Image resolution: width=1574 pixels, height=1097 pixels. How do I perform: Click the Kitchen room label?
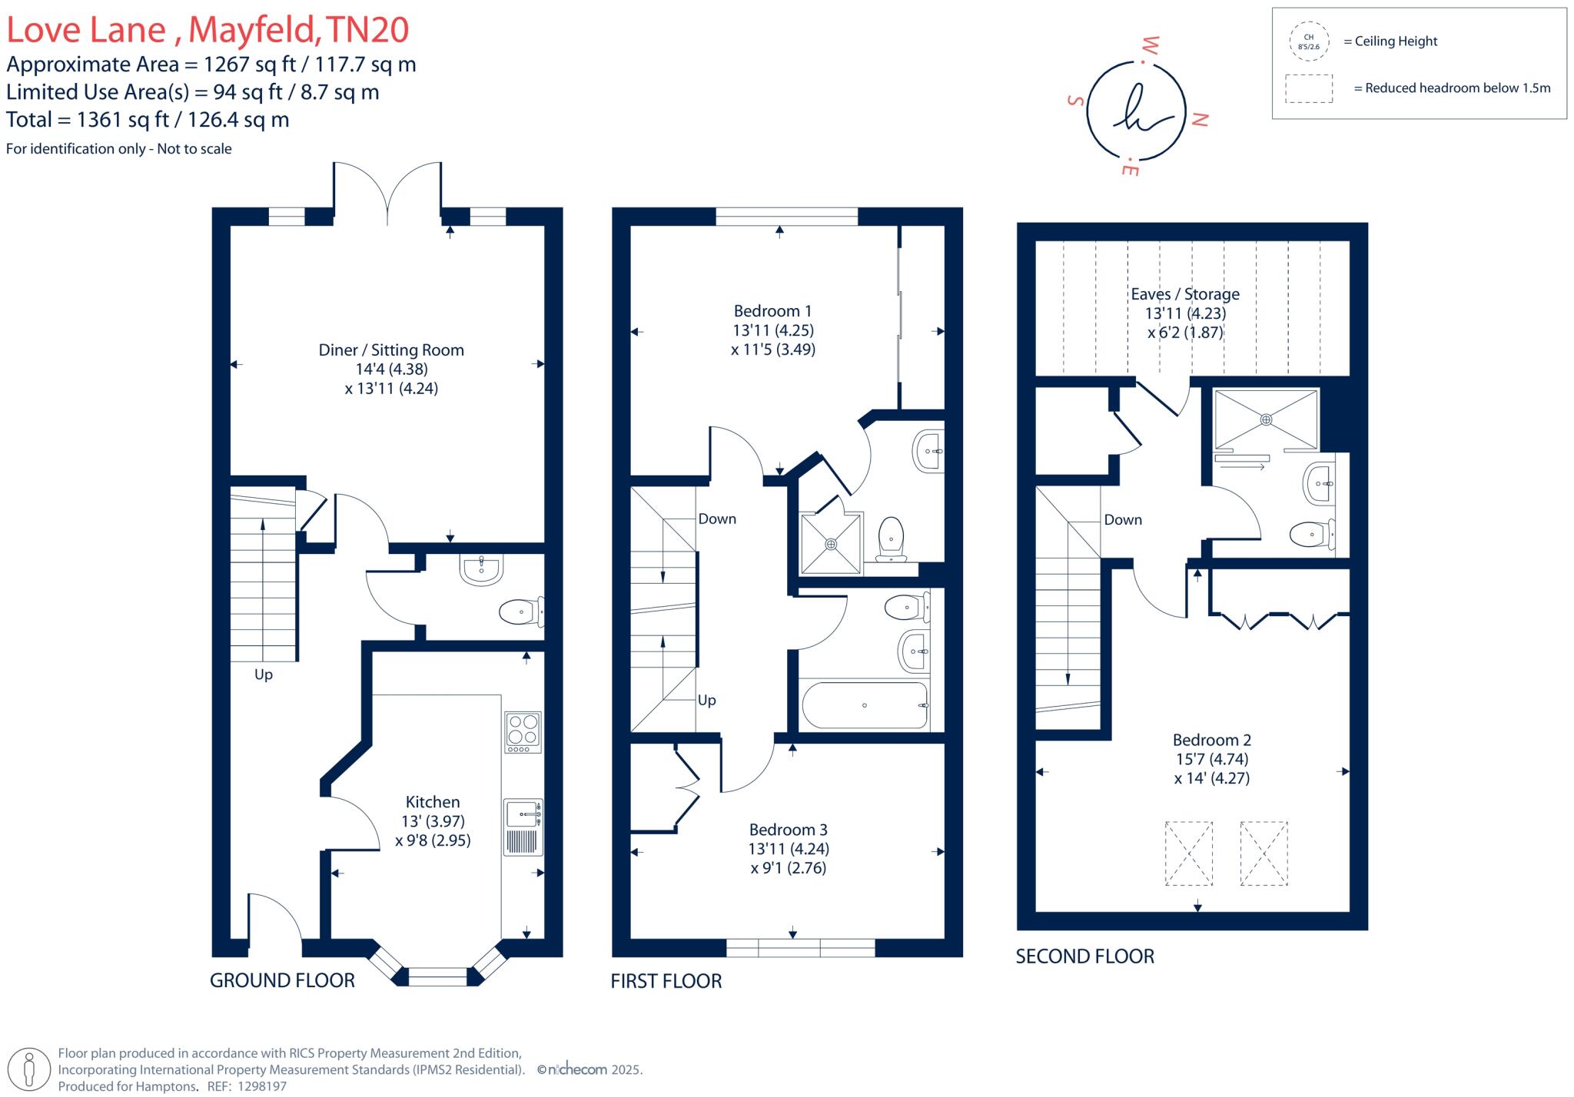point(433,802)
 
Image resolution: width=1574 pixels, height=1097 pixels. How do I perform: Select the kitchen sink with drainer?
point(523,827)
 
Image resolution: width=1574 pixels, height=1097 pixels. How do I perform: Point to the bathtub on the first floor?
point(865,705)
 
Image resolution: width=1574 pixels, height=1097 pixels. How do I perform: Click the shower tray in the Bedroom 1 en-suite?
point(831,544)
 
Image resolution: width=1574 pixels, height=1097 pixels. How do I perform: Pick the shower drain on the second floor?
point(1266,419)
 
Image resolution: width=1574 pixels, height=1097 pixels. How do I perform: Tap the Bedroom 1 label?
point(772,311)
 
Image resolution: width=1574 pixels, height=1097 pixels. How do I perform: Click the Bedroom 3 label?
point(788,830)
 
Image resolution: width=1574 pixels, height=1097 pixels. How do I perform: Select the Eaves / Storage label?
point(1185,294)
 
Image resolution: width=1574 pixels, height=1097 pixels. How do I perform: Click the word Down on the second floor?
point(1123,520)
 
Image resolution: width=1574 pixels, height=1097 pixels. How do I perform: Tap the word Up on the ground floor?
point(264,674)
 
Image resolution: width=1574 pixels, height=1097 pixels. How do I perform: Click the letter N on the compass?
point(1199,119)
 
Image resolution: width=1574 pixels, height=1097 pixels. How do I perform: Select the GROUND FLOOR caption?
point(282,980)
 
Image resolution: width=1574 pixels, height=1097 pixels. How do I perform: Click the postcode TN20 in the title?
point(367,30)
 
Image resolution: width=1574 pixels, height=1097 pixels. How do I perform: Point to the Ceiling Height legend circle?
point(1308,41)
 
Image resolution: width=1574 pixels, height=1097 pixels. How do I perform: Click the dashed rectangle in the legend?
point(1309,88)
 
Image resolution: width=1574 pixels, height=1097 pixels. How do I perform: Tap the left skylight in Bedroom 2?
point(1189,853)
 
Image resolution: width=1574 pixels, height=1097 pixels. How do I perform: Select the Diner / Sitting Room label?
point(391,350)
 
